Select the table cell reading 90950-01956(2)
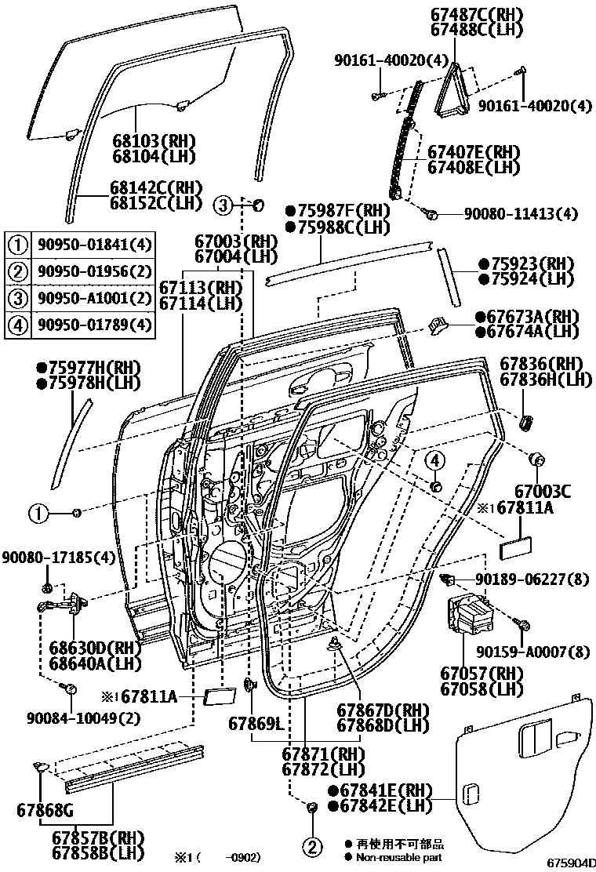tap(93, 271)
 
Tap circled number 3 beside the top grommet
tap(223, 206)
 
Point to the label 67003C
tap(542, 492)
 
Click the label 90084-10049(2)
tap(74, 718)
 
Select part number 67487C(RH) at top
tap(487, 15)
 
